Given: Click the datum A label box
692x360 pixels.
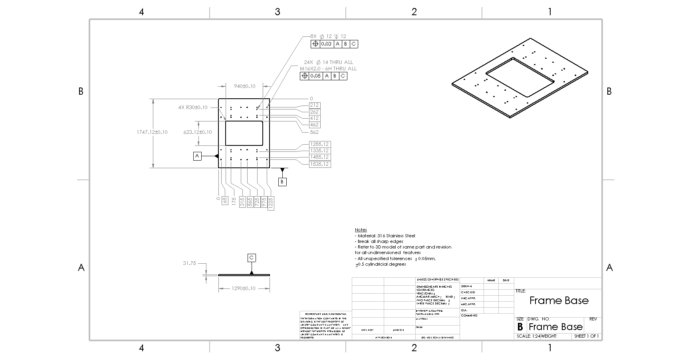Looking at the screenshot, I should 197,156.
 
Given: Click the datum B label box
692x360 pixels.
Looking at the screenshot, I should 282,182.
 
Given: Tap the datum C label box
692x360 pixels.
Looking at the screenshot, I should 252,258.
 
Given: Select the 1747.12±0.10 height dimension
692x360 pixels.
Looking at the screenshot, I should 152,132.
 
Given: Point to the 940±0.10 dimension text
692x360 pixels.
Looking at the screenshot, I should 244,86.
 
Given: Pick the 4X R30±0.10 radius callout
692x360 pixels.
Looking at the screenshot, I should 193,107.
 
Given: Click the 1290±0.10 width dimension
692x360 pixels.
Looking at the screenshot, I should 244,288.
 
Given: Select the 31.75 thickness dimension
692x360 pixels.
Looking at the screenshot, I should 189,263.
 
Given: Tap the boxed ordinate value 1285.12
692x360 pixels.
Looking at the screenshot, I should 320,144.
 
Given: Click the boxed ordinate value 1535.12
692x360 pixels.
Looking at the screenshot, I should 320,164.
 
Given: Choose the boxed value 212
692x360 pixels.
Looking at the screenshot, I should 314,105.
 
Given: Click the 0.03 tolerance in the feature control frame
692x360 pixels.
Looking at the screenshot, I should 326,44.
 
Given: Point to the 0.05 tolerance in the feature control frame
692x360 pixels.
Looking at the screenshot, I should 315,76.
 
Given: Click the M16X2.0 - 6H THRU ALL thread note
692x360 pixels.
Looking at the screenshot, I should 328,68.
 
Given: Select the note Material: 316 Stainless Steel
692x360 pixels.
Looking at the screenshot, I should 386,236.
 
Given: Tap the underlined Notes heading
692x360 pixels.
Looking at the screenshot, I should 361,230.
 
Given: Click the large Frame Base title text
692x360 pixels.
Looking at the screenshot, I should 559,300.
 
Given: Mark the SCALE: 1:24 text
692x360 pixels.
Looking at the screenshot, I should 528,336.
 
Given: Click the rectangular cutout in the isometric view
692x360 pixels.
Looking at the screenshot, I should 519,77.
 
